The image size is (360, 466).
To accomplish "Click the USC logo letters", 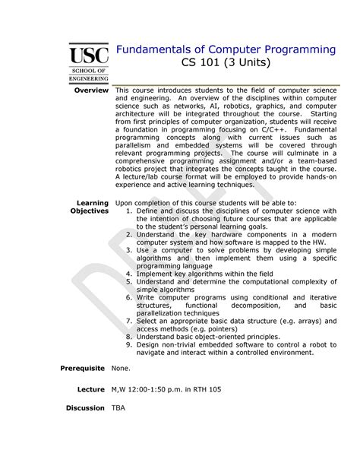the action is click(x=89, y=54).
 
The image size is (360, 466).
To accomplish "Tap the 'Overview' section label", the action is click(x=90, y=90).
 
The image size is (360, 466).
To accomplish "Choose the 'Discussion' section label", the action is click(x=84, y=408).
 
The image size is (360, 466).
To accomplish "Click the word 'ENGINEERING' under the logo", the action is click(x=89, y=78).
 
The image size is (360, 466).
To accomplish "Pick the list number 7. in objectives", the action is click(x=130, y=323).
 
